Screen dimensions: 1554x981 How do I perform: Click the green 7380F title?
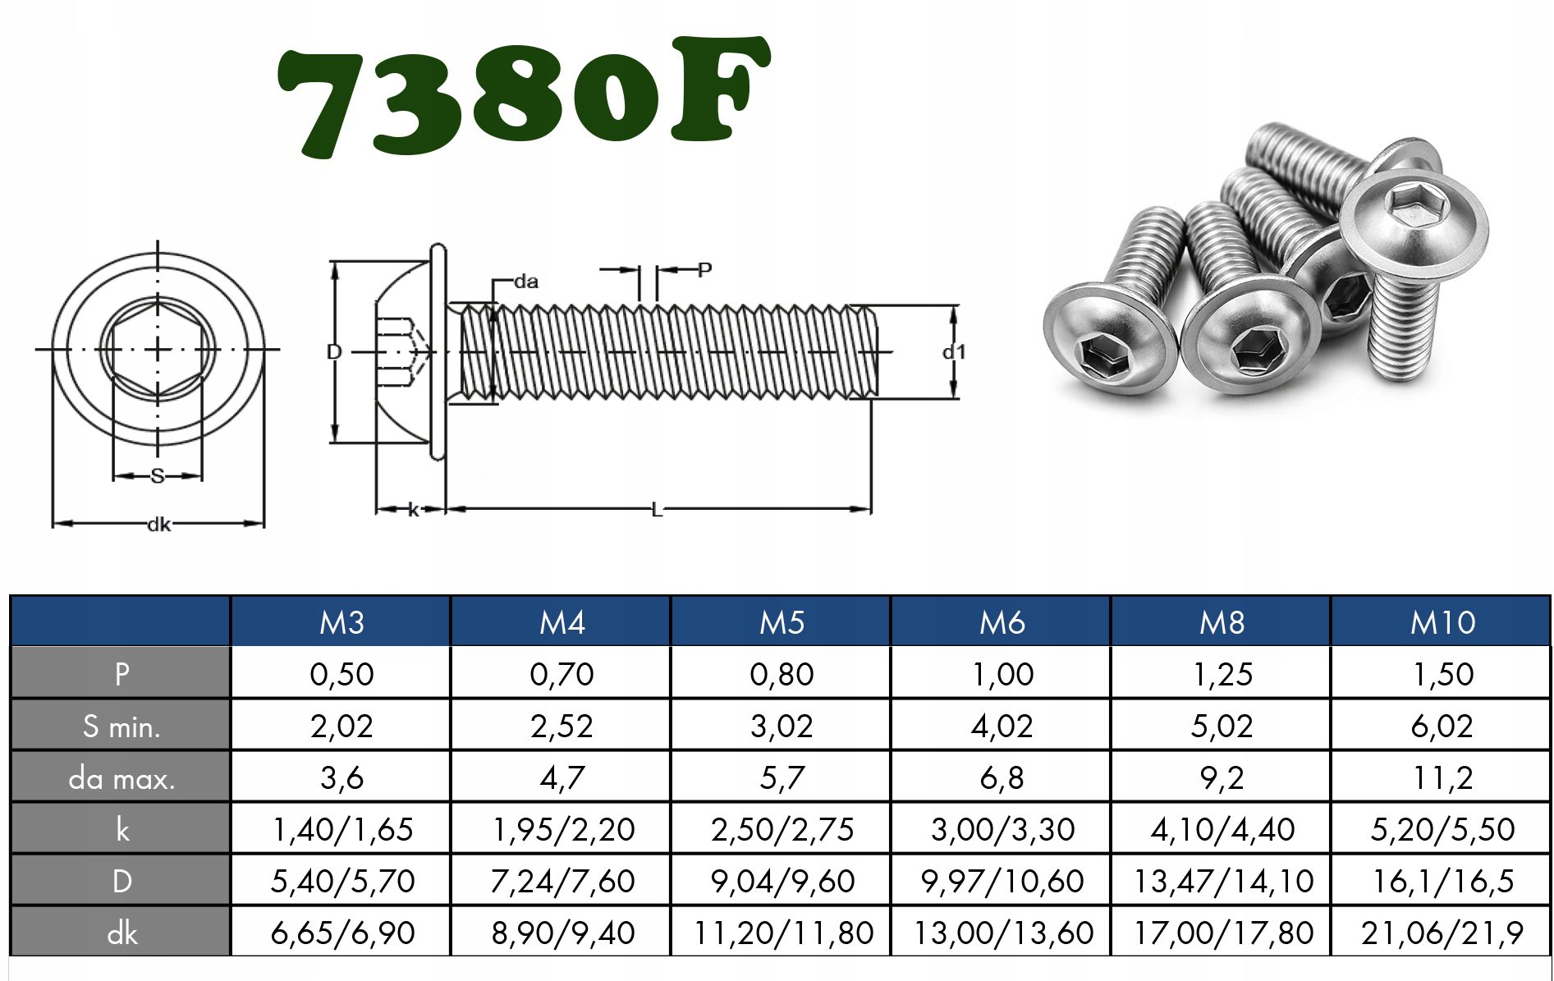click(x=524, y=96)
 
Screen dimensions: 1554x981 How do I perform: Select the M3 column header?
click(x=342, y=622)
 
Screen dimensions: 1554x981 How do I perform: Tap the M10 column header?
click(x=1442, y=622)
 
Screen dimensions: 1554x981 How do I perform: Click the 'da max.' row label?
click(x=121, y=777)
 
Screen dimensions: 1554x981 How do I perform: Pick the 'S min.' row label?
click(x=121, y=726)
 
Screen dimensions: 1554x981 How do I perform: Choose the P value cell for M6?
click(x=1002, y=674)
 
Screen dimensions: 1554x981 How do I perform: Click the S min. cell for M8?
click(x=1222, y=726)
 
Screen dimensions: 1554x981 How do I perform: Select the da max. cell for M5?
click(x=782, y=777)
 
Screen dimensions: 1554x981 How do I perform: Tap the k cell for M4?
click(x=562, y=829)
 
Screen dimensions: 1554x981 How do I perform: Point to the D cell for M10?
click(x=1442, y=881)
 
